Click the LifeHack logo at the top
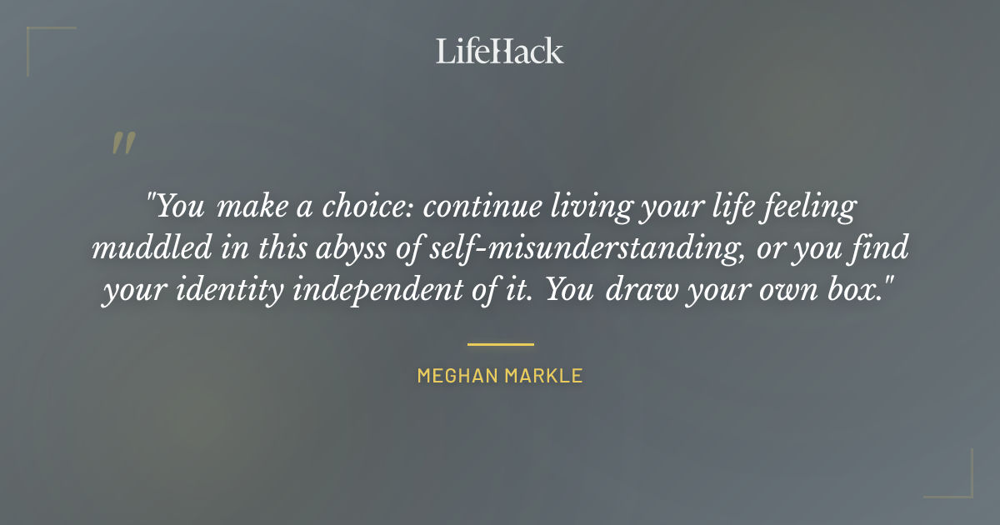[500, 51]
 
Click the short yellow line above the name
[500, 343]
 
